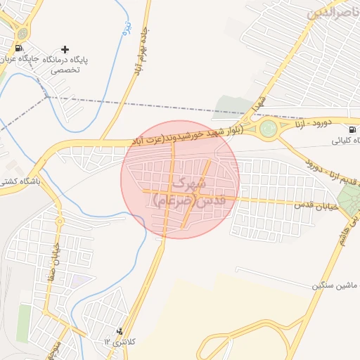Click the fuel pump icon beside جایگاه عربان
click(18, 48)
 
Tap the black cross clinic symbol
click(65, 49)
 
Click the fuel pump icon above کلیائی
click(352, 129)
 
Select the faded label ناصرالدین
click(334, 13)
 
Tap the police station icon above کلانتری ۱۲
click(119, 330)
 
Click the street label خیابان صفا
click(50, 266)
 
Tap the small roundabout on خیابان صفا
click(59, 221)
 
